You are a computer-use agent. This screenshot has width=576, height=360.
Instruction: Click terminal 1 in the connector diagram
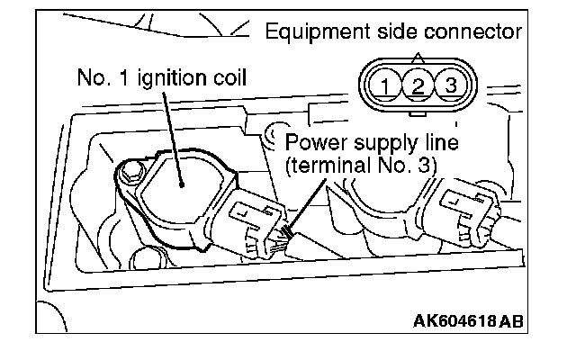coord(385,87)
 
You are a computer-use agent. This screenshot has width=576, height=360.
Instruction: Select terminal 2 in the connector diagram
coord(418,87)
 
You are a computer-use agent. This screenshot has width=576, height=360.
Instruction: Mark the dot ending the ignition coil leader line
coord(181,184)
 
